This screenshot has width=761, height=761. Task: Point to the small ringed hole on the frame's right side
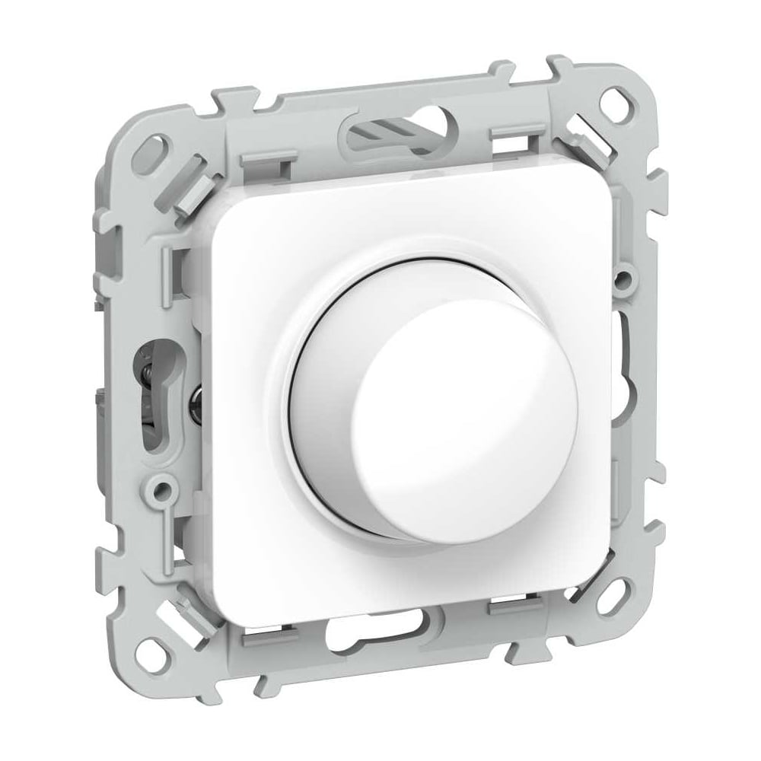pyautogui.click(x=624, y=278)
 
